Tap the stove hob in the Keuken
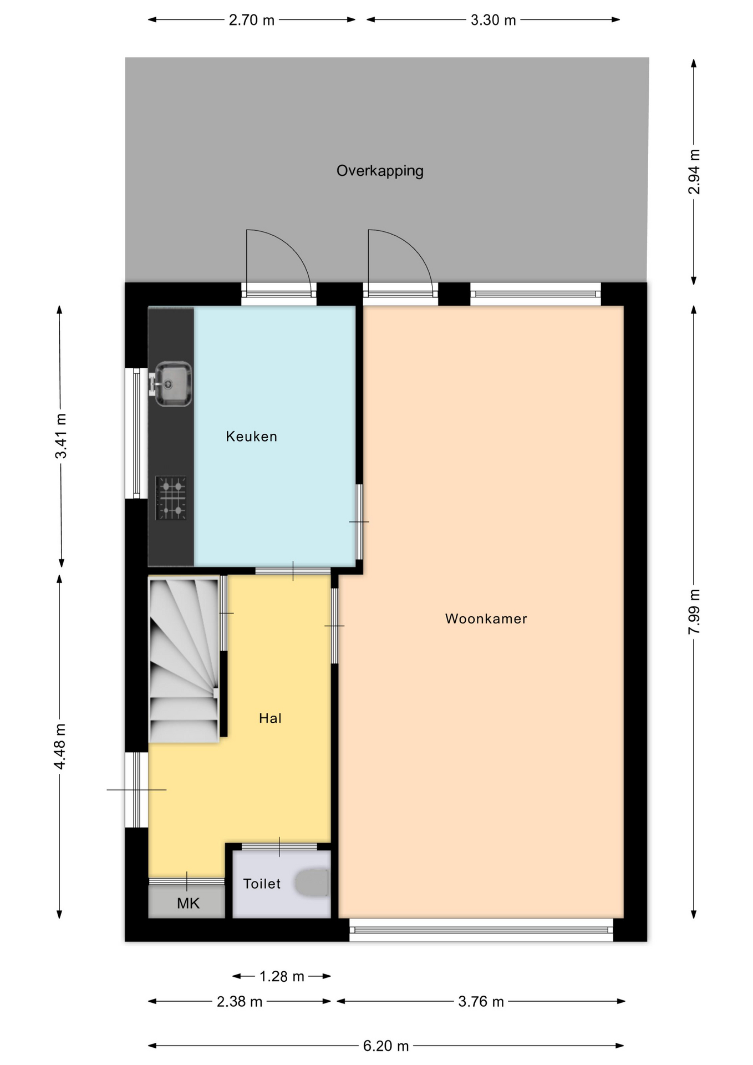coord(171,498)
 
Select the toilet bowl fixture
coord(312,883)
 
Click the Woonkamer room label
coord(486,618)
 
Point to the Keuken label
coord(251,437)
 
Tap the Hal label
coord(270,718)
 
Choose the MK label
coord(188,904)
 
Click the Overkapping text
coord(380,171)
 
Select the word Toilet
coord(262,884)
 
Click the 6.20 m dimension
coord(386,1046)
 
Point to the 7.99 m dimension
coord(694,612)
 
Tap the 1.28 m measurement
coord(282,976)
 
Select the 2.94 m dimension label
coord(694,172)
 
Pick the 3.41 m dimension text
coord(61,436)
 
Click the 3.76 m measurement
coord(481,1001)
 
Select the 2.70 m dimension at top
coord(252,20)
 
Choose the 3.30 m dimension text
coord(493,20)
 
